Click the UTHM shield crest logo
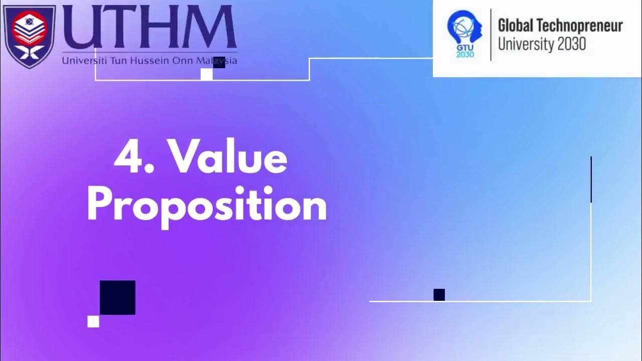(x=29, y=35)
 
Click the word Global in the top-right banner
(x=516, y=26)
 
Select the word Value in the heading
(x=228, y=157)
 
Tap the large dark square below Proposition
(x=117, y=297)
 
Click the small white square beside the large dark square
(x=93, y=321)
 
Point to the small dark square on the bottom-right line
(x=439, y=295)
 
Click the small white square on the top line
(x=207, y=74)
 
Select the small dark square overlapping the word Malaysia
(x=219, y=63)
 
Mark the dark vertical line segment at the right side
(x=591, y=179)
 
